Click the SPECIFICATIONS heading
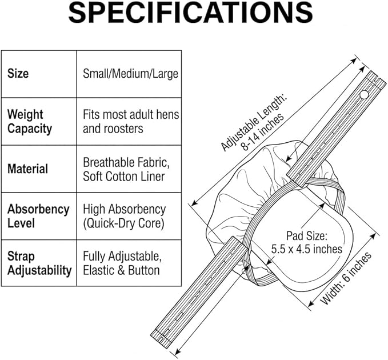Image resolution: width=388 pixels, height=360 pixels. [190, 13]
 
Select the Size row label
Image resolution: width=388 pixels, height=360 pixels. [18, 74]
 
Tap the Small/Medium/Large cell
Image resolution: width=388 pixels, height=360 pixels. [130, 74]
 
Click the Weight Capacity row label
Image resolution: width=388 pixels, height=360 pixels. [30, 122]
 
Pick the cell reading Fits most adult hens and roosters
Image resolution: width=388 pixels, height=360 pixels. [131, 122]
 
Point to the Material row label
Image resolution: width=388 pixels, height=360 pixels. [27, 169]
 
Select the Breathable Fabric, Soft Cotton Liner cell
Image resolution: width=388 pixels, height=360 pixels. [126, 169]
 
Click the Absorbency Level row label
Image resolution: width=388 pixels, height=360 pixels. [38, 216]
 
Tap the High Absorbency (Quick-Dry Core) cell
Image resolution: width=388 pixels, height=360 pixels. [124, 216]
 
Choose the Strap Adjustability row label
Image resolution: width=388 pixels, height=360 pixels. [39, 263]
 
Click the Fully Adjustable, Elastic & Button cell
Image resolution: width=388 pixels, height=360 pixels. [122, 263]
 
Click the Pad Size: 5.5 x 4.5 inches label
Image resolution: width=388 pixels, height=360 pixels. [307, 242]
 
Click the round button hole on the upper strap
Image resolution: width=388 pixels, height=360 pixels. [364, 94]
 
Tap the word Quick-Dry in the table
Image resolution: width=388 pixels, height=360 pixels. [110, 223]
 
